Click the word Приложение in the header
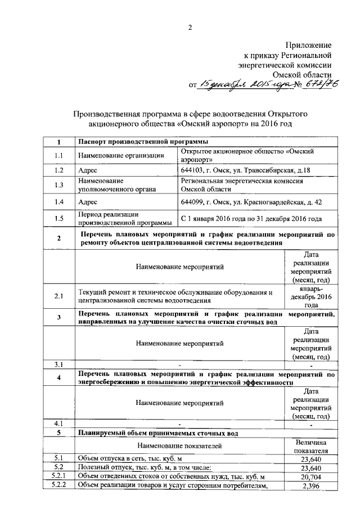309,44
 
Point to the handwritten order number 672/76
313,84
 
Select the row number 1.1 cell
59,155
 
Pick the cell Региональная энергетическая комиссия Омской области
242,185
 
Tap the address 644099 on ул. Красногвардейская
251,201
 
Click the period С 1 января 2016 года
251,218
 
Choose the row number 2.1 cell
59,295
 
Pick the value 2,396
311,486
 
